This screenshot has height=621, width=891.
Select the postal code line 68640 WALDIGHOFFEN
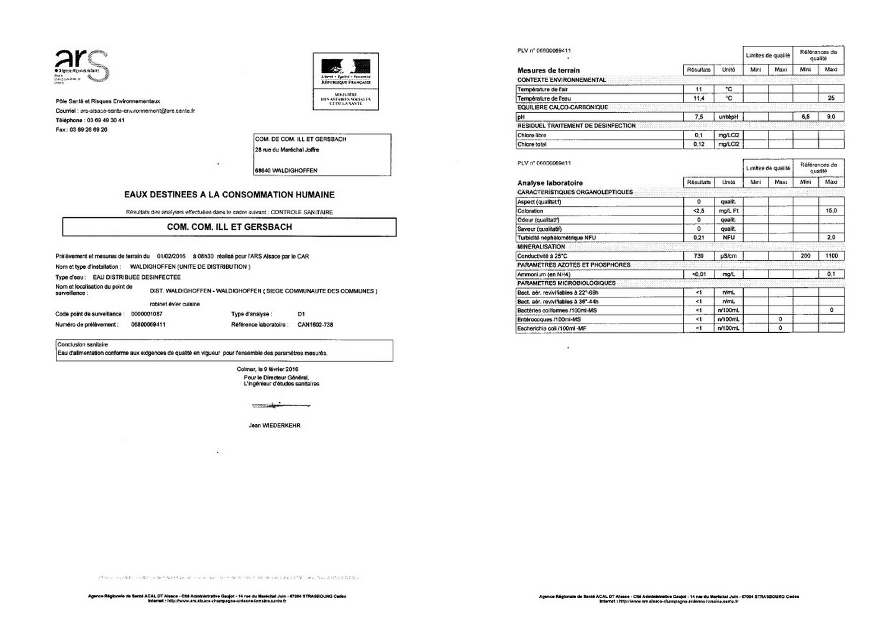click(x=286, y=171)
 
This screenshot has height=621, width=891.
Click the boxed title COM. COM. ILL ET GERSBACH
click(x=229, y=227)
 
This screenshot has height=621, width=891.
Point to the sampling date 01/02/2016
click(x=171, y=256)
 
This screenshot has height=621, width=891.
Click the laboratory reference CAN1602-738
click(x=315, y=325)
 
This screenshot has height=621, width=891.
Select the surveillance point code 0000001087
click(x=147, y=314)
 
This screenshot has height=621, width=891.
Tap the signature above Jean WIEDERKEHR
click(x=280, y=406)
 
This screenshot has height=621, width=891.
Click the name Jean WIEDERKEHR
click(x=274, y=426)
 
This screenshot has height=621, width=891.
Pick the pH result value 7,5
click(x=698, y=117)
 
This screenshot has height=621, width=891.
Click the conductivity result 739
click(x=698, y=256)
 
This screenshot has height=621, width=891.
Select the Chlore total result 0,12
click(x=698, y=144)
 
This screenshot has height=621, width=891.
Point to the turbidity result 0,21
click(x=698, y=238)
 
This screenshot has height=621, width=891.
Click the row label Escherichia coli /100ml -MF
click(x=552, y=329)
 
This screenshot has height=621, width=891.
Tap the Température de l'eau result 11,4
click(x=698, y=98)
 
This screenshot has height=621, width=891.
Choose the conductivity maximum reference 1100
click(x=831, y=256)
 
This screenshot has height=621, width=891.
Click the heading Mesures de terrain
click(x=548, y=70)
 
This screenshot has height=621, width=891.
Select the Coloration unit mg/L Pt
click(x=728, y=211)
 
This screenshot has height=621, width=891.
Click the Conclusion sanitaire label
click(x=83, y=345)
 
